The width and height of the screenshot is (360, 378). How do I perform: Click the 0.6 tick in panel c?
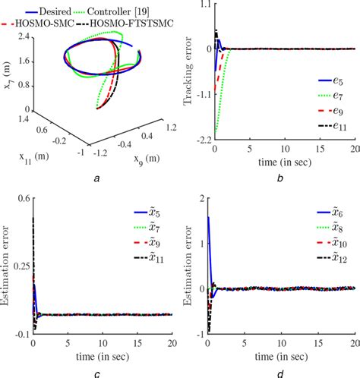(22, 199)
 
